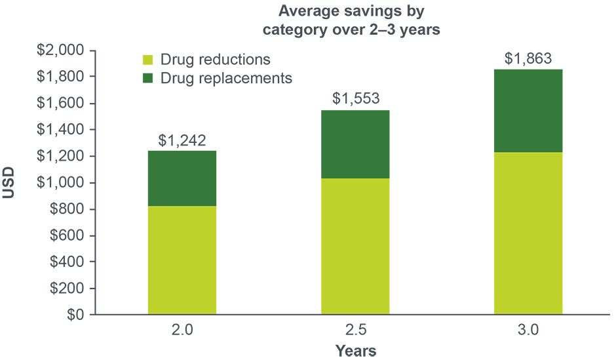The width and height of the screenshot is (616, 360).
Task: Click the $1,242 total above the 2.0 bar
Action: point(182,140)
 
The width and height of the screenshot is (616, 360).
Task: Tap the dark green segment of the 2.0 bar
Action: point(182,178)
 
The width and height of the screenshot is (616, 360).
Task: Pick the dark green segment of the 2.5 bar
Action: point(355,144)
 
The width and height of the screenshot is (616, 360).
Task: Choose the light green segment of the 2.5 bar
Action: point(355,247)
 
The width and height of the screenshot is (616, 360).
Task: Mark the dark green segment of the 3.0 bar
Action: point(528,111)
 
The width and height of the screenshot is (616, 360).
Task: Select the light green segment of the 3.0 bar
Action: point(528,233)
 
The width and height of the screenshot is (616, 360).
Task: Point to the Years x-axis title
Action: point(356,351)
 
